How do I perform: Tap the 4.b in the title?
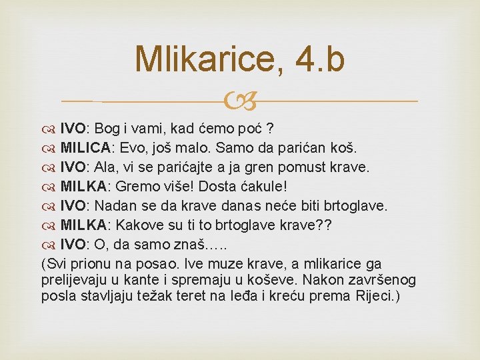point(322,59)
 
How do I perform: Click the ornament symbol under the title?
point(239,102)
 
